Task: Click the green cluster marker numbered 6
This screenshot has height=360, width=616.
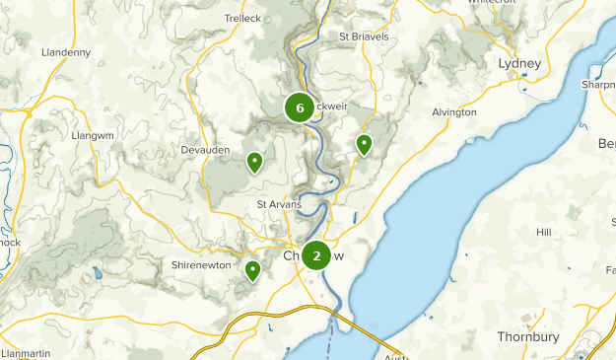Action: (x=299, y=108)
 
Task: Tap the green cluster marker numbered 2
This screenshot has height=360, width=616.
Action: (x=316, y=255)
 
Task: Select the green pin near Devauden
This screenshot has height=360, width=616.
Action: (x=254, y=162)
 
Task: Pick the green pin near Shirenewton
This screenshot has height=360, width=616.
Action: (x=253, y=270)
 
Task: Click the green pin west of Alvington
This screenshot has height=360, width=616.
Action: (x=364, y=145)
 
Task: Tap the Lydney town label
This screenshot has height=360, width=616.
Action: (x=520, y=63)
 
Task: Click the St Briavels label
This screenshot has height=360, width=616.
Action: (x=364, y=36)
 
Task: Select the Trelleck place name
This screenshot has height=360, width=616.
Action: (x=242, y=19)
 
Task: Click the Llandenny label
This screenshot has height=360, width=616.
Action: (x=66, y=52)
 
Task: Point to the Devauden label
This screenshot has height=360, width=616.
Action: (x=205, y=149)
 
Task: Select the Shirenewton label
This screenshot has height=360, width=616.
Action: (x=201, y=265)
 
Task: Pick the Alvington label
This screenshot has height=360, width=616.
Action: (x=454, y=112)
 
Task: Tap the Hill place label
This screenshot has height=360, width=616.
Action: (x=543, y=232)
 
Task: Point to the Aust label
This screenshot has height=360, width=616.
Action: (x=396, y=356)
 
